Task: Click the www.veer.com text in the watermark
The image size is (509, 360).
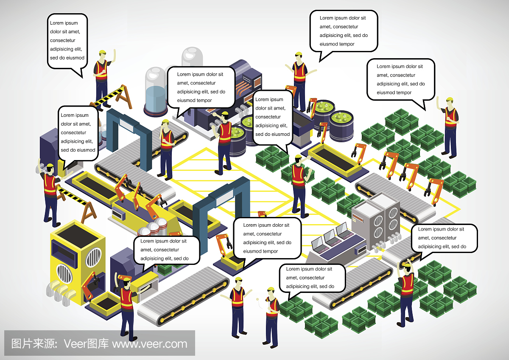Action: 149,343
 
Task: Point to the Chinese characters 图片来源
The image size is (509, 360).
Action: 32,343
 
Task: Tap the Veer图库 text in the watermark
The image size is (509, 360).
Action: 86,343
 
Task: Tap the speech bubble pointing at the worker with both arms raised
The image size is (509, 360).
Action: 444,239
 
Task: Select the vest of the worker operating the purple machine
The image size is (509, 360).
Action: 225,132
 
